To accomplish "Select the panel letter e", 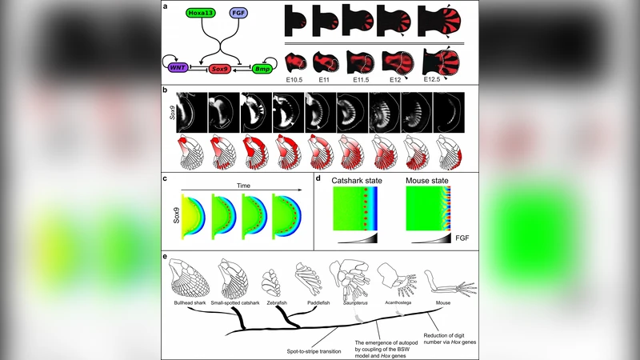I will pyautogui.click(x=165, y=257).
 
